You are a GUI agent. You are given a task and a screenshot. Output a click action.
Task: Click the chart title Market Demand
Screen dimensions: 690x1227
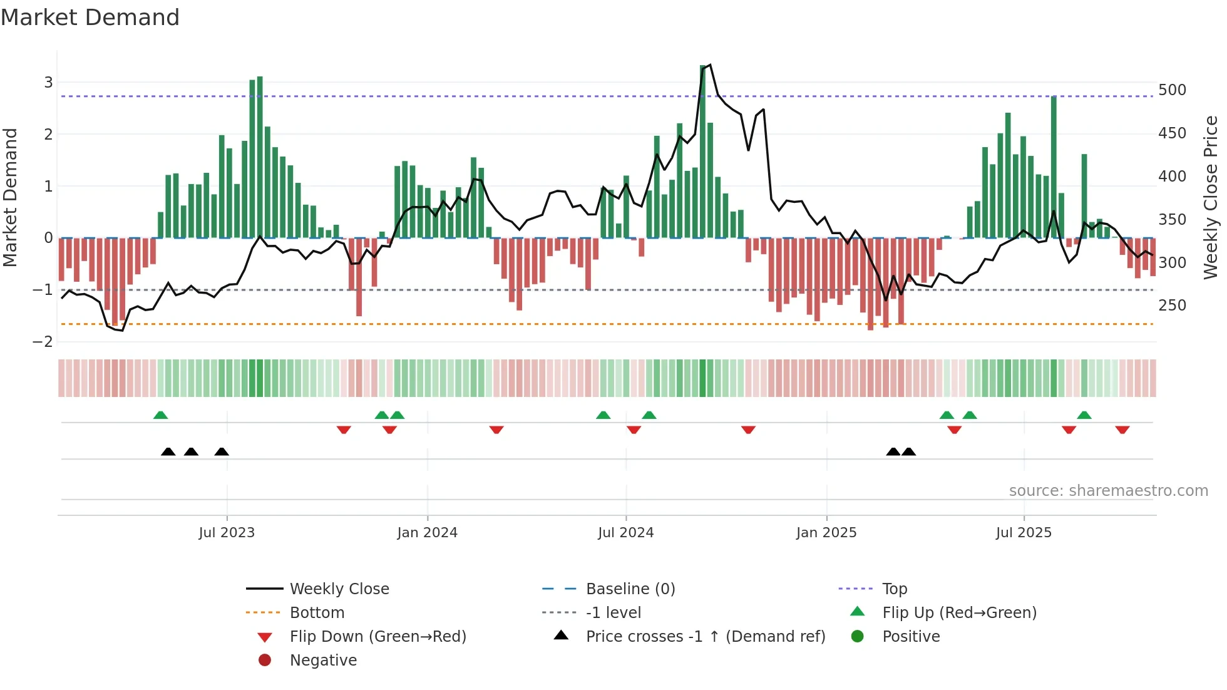click(x=90, y=18)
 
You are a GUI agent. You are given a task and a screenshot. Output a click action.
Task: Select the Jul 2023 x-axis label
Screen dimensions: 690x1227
click(x=227, y=533)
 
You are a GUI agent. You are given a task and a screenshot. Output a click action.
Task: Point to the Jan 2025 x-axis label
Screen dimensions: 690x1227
click(x=826, y=533)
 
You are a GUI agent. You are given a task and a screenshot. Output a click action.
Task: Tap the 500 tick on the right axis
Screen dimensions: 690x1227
click(x=1172, y=90)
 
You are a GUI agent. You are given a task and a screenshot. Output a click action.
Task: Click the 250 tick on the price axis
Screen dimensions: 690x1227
click(x=1172, y=306)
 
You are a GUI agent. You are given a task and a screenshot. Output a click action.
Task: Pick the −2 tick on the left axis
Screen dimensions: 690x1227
click(x=43, y=342)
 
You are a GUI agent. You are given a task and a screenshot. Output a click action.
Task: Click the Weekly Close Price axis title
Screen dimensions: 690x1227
click(x=1211, y=197)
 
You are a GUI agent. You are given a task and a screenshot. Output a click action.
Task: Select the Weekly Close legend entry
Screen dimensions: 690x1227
click(x=339, y=589)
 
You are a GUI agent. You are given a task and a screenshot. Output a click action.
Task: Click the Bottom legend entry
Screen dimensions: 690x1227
click(x=317, y=613)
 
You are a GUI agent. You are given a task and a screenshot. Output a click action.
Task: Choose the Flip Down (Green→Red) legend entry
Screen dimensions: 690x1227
click(x=377, y=637)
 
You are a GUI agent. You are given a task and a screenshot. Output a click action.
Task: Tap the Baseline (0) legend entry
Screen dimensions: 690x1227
click(x=630, y=589)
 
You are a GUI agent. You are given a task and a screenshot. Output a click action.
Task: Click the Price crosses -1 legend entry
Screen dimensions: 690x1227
click(x=705, y=637)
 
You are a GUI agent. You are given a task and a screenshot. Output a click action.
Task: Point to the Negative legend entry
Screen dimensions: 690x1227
click(x=323, y=661)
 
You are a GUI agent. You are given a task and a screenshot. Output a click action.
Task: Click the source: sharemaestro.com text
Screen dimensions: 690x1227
click(x=1108, y=491)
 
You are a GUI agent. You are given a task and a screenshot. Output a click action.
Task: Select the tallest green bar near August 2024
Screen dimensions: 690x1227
click(x=702, y=150)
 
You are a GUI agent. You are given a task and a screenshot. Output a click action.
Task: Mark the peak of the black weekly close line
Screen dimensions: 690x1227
click(x=710, y=64)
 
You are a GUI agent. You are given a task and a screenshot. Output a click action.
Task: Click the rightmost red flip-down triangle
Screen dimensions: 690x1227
click(x=1122, y=430)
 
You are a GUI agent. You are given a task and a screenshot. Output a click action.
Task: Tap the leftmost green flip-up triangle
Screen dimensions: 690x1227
click(x=161, y=415)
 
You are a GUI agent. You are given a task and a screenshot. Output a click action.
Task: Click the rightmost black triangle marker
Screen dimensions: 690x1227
click(x=909, y=451)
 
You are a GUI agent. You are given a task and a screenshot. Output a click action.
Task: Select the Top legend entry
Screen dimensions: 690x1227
click(x=894, y=589)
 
